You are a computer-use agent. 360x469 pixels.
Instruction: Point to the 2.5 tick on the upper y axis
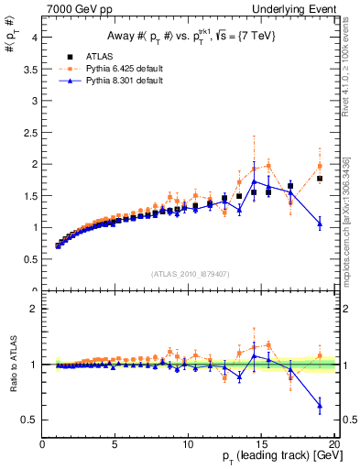coord(29,133)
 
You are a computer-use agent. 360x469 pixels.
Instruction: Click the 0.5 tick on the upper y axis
coord(29,259)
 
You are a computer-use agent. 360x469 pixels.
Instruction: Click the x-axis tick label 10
coord(189,444)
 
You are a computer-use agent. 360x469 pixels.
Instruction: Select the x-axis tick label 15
coord(262,444)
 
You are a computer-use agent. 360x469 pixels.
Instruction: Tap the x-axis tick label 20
coord(333,444)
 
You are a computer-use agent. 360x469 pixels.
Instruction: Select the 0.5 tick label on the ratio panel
coord(29,420)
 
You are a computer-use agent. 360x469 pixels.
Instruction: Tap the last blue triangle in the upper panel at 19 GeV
coord(320,224)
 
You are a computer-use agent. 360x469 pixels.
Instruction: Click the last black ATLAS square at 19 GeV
coord(320,179)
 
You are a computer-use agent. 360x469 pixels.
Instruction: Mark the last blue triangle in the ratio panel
coord(320,405)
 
